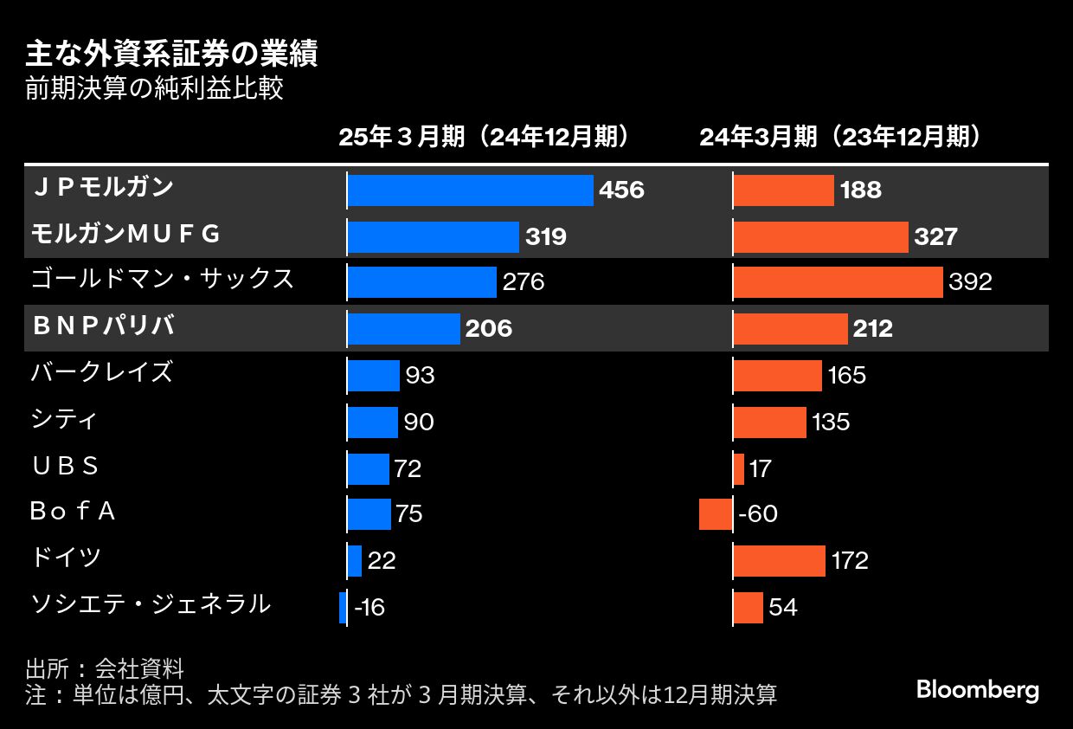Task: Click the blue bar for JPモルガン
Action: point(470,190)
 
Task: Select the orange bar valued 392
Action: point(838,282)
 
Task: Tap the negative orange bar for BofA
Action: point(716,514)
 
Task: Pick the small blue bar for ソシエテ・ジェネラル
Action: point(343,607)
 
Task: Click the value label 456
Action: point(621,190)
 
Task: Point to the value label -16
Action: point(369,608)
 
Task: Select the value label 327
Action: point(935,236)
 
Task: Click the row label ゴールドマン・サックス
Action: point(162,280)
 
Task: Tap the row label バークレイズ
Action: point(101,372)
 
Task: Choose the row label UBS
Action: point(65,467)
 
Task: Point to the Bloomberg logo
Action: point(977,690)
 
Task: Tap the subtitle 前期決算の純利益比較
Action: point(154,89)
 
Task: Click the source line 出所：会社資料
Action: point(105,669)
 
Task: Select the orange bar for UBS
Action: point(738,468)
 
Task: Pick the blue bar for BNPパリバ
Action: point(403,329)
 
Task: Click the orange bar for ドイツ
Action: point(779,561)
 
